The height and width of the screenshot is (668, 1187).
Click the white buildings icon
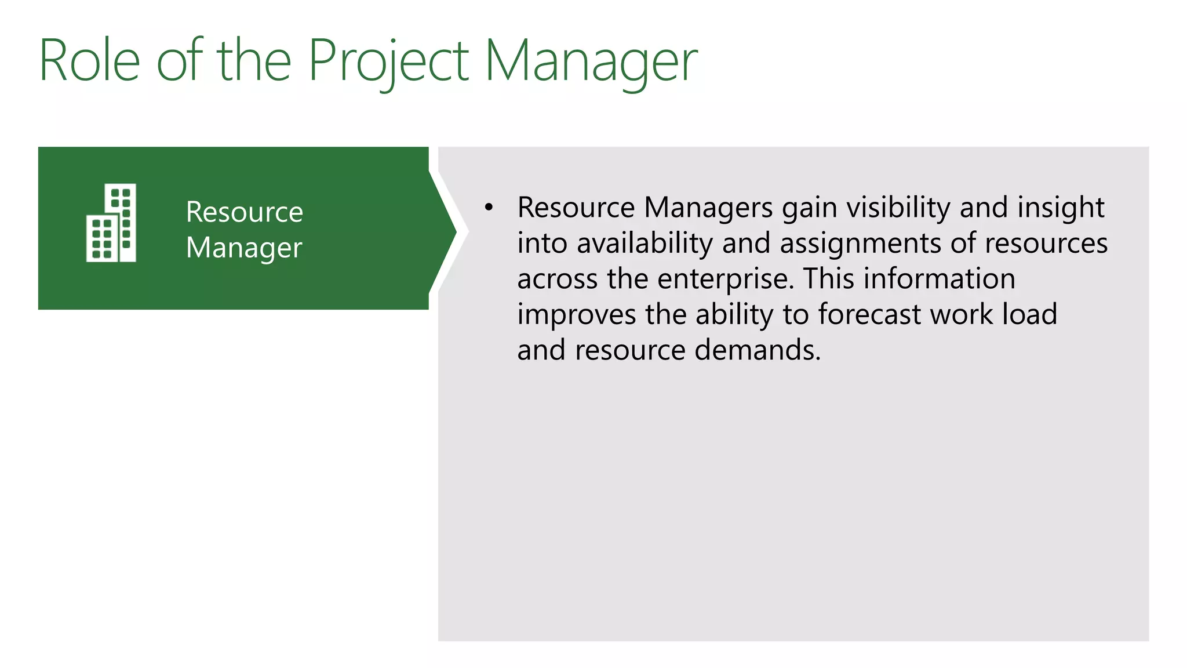tap(111, 223)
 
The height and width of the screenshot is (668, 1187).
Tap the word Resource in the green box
tap(244, 212)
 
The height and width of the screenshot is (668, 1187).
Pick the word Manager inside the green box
tap(244, 248)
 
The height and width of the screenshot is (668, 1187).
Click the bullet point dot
tap(489, 208)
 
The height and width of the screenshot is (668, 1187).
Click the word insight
tap(1061, 208)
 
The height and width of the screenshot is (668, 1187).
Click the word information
tap(939, 279)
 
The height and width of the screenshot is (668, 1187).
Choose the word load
tap(1030, 315)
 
